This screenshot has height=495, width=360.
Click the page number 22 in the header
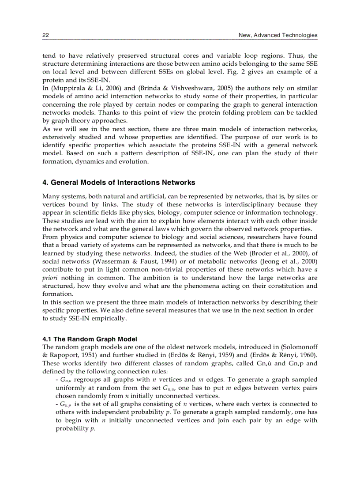pyautogui.click(x=45, y=35)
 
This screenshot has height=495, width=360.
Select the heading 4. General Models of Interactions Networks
pyautogui.click(x=119, y=182)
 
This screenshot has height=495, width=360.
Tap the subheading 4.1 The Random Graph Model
pyautogui.click(x=90, y=339)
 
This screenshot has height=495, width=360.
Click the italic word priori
pyautogui.click(x=50, y=278)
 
